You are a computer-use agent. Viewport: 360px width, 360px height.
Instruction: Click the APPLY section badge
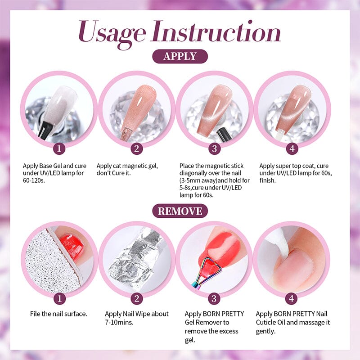pyautogui.click(x=180, y=56)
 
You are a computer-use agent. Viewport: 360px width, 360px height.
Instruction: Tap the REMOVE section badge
pyautogui.click(x=180, y=211)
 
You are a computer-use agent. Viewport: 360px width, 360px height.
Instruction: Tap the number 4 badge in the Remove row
pyautogui.click(x=292, y=298)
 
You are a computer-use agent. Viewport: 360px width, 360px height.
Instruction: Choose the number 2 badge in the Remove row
pyautogui.click(x=136, y=298)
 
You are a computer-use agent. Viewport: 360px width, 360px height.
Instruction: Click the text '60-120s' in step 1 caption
pyautogui.click(x=36, y=180)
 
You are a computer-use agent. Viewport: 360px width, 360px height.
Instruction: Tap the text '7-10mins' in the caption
pyautogui.click(x=120, y=322)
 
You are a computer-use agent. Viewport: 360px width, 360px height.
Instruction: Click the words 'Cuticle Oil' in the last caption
pyautogui.click(x=273, y=322)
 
